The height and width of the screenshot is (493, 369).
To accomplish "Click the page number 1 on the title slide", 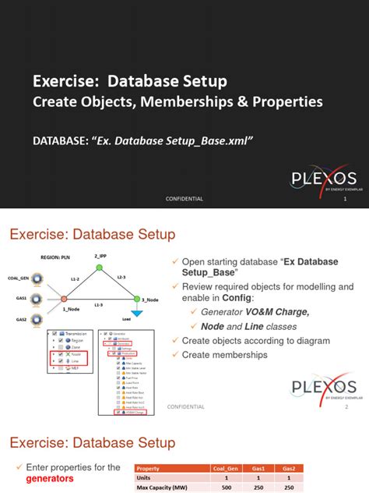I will pos(344,199).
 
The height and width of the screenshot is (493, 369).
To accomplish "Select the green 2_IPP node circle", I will pos(100,268).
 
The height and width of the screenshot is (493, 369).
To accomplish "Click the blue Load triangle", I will pos(136,312).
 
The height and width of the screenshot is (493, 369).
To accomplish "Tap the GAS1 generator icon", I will pos(37,298).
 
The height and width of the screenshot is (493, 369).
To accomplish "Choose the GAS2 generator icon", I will pos(37,319).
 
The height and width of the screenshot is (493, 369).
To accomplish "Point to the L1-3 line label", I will pos(99,304).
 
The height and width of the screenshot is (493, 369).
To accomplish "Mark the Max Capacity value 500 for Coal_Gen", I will pos(226,488).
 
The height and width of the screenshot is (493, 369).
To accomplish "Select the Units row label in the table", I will pos(145,477).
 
